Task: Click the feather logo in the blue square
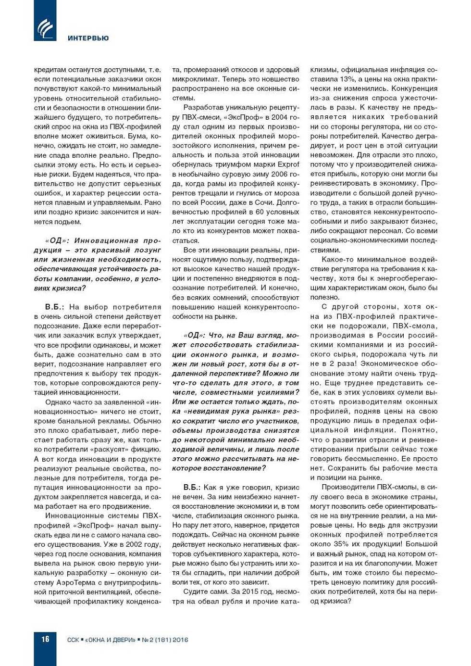(45, 28)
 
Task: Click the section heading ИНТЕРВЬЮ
(88, 38)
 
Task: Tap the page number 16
(45, 639)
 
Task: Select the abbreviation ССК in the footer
(73, 640)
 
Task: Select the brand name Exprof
(288, 164)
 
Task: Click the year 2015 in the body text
(239, 591)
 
